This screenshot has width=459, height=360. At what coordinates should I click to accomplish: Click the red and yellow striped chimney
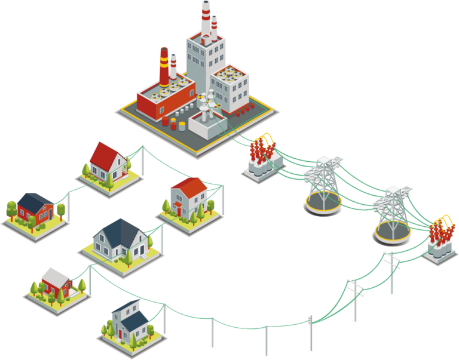(x=163, y=66)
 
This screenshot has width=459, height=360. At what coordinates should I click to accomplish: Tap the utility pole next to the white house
(x=222, y=199)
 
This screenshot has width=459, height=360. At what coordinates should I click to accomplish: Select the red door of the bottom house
(x=120, y=333)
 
